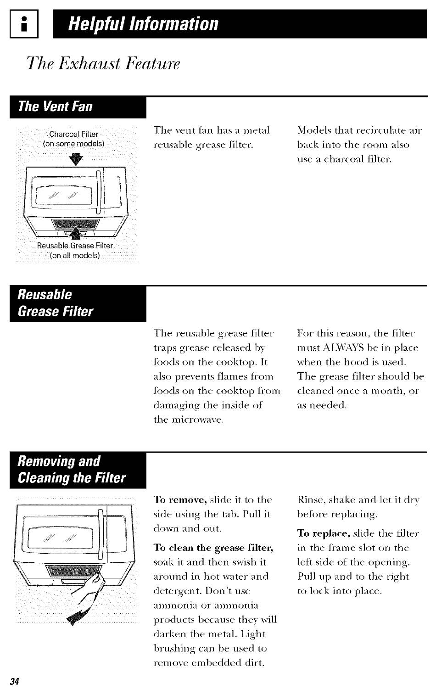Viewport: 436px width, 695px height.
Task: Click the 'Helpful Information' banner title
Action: [143, 23]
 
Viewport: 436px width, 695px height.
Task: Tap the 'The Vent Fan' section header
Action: [55, 107]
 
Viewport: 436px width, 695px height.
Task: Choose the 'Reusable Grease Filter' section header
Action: [55, 303]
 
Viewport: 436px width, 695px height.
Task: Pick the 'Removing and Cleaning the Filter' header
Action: [71, 470]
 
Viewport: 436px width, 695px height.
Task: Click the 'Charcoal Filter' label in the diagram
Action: [73, 134]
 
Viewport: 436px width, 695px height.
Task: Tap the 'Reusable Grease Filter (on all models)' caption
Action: [75, 250]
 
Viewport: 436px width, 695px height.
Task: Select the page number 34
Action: [14, 681]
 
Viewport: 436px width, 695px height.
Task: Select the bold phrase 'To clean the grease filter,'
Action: [213, 548]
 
